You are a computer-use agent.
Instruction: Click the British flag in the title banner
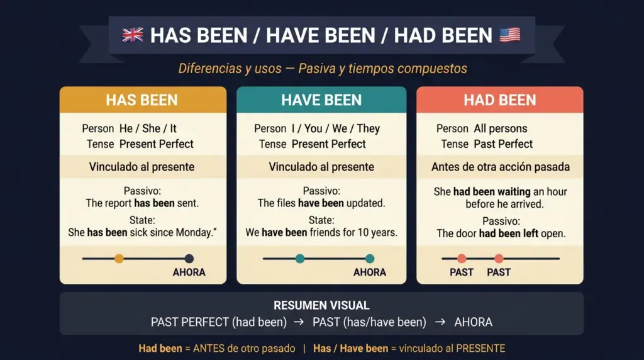point(133,35)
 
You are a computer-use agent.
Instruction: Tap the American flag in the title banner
point(509,35)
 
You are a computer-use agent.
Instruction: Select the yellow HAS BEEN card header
point(142,100)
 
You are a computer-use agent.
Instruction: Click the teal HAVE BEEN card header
point(321,100)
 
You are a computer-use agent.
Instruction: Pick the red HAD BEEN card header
point(499,100)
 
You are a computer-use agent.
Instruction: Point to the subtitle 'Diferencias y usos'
point(230,68)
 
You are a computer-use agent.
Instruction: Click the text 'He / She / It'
point(148,128)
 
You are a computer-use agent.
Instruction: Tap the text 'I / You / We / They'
point(335,128)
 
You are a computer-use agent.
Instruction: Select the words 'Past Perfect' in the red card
point(503,144)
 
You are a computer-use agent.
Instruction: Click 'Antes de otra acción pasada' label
point(500,167)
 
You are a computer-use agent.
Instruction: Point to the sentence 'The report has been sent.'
point(142,203)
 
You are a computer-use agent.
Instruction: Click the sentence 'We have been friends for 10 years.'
point(321,232)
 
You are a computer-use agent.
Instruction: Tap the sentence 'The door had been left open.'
point(501,233)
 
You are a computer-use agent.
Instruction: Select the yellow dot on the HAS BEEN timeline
point(119,258)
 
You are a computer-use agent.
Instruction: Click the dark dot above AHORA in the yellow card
point(189,258)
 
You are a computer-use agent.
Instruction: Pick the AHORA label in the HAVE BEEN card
point(369,273)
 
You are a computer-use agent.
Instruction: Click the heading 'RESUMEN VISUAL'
point(321,305)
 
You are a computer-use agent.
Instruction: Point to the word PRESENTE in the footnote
point(481,348)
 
